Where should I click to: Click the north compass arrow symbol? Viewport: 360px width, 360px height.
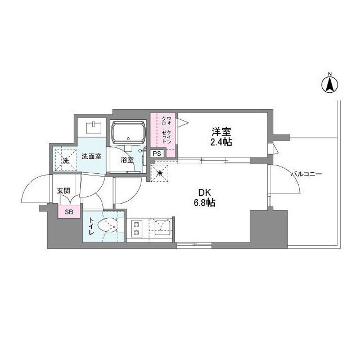pyautogui.click(x=330, y=85)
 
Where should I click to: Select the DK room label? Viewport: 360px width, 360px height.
pyautogui.click(x=204, y=192)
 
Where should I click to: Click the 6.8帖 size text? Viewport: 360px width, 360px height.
pyautogui.click(x=204, y=202)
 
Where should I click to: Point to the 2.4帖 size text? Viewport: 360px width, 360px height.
pyautogui.click(x=221, y=142)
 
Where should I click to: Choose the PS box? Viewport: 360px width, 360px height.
pyautogui.click(x=157, y=154)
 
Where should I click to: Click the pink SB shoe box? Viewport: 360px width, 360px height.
pyautogui.click(x=69, y=212)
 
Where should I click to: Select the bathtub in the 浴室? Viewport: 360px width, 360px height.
pyautogui.click(x=128, y=133)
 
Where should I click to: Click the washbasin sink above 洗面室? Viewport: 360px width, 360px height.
pyautogui.click(x=93, y=128)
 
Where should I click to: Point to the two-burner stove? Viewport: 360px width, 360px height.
pyautogui.click(x=137, y=228)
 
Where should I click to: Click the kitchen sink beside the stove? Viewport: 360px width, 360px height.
pyautogui.click(x=163, y=227)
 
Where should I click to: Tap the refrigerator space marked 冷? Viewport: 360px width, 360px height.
pyautogui.click(x=160, y=173)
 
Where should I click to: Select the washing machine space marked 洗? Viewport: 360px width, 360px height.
pyautogui.click(x=66, y=160)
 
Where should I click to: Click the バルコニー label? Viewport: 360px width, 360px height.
pyautogui.click(x=306, y=174)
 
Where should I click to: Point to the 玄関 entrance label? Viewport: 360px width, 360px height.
pyautogui.click(x=64, y=191)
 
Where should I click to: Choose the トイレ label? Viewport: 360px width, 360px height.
pyautogui.click(x=91, y=226)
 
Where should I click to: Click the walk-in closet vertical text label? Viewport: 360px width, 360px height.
pyautogui.click(x=166, y=130)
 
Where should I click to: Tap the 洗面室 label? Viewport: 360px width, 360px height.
pyautogui.click(x=92, y=156)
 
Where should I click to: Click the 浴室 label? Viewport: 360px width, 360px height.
pyautogui.click(x=127, y=160)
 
